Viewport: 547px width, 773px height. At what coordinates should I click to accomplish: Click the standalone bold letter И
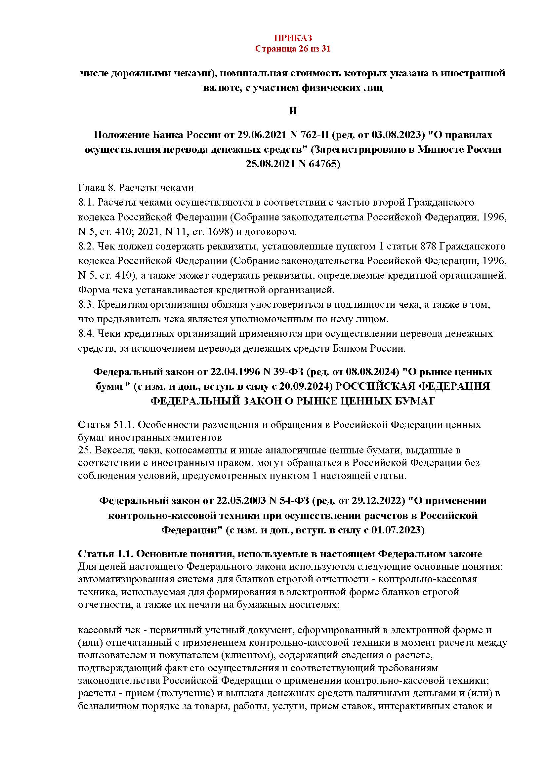point(293,111)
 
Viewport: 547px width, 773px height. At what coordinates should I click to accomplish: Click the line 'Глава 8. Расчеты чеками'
point(136,187)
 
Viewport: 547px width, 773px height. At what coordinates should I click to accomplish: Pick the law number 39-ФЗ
point(291,372)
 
